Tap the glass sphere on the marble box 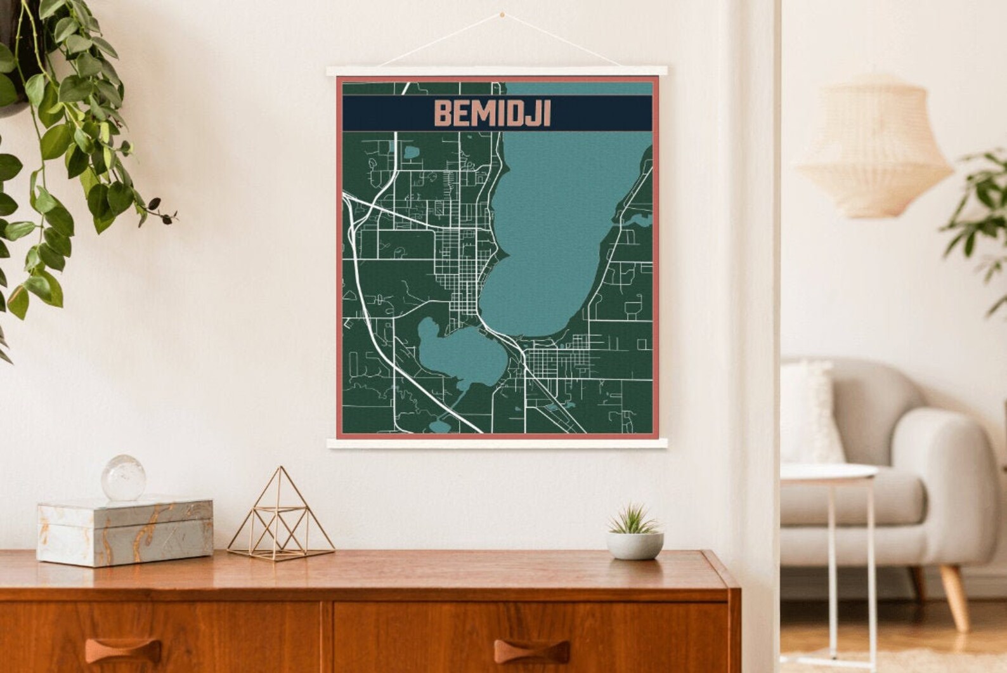coord(124,478)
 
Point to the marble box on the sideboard coord(126,530)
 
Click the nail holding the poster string coord(502,12)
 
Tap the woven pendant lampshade coord(874,147)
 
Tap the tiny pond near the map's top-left coord(411,152)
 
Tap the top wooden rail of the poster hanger coord(498,71)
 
